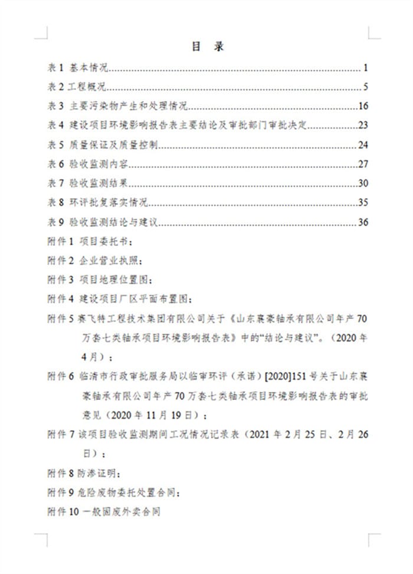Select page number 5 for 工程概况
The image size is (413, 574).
tap(366, 88)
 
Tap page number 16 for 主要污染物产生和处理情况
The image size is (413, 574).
tap(363, 107)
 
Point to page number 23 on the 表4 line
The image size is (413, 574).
tap(363, 126)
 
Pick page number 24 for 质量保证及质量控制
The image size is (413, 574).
tap(363, 145)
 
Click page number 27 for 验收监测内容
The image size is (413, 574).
tap(363, 165)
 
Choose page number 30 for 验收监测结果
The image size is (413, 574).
tap(363, 183)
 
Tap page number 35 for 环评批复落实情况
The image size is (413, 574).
tap(363, 203)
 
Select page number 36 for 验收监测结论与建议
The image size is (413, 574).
tap(363, 222)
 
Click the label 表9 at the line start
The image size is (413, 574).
tap(55, 222)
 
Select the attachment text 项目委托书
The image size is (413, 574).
tap(101, 242)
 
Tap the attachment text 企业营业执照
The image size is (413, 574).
tap(106, 261)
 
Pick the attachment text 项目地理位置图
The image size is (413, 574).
tap(111, 280)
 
